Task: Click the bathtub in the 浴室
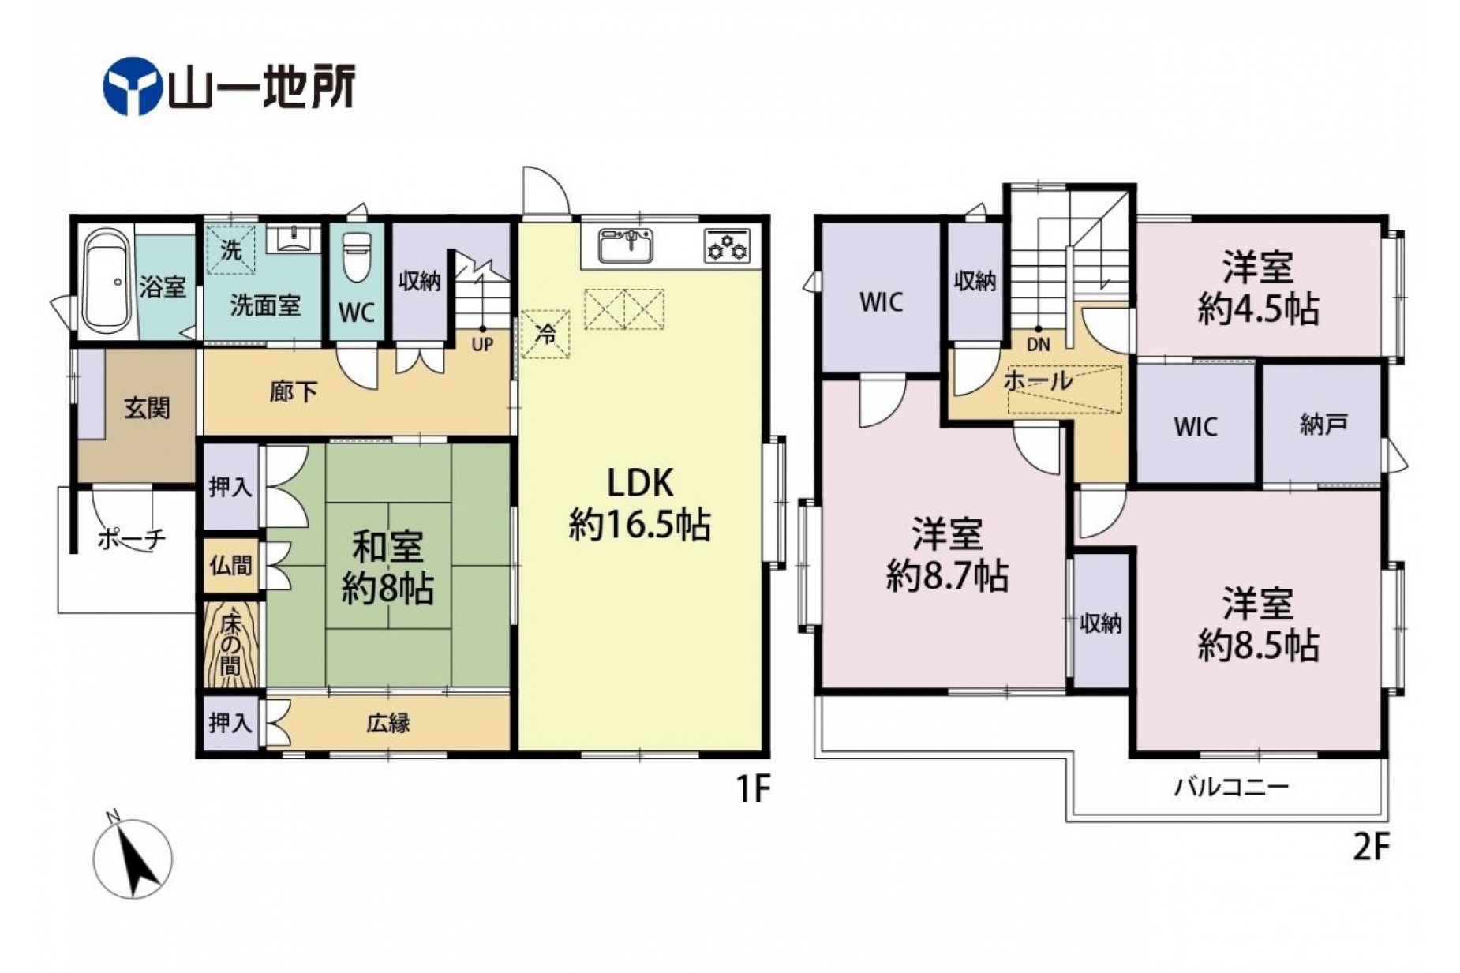[x=107, y=281]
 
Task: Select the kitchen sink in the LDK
[x=625, y=245]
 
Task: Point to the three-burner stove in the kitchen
[x=727, y=245]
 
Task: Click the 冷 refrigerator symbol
[x=545, y=334]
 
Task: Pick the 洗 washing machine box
[x=230, y=250]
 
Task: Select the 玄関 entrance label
[x=147, y=408]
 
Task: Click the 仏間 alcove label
[x=230, y=565]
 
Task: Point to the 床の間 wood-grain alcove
[x=230, y=645]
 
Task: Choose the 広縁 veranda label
[x=388, y=723]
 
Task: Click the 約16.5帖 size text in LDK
[x=640, y=524]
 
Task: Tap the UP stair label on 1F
[x=482, y=345]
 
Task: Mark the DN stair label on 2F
[x=1039, y=345]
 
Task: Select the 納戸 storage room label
[x=1323, y=425]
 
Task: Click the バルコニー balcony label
[x=1231, y=787]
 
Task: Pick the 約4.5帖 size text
[x=1258, y=309]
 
